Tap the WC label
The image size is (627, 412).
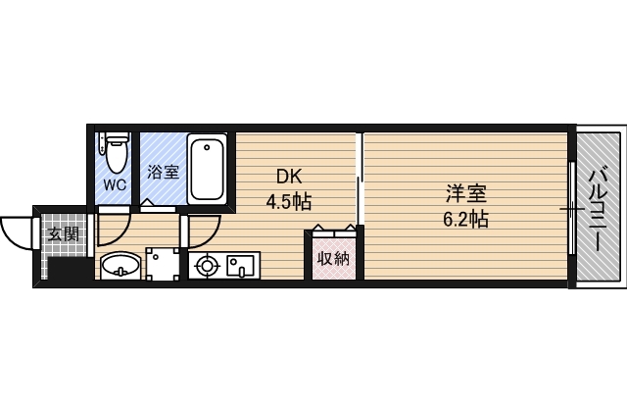(116, 184)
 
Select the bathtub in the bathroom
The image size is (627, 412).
(207, 170)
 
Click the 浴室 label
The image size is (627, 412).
(163, 173)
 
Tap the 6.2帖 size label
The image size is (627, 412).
(463, 219)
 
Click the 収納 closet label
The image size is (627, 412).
(333, 259)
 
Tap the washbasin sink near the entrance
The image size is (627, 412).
(120, 265)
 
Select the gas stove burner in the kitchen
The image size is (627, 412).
(208, 265)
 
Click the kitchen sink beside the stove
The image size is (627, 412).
(241, 265)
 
